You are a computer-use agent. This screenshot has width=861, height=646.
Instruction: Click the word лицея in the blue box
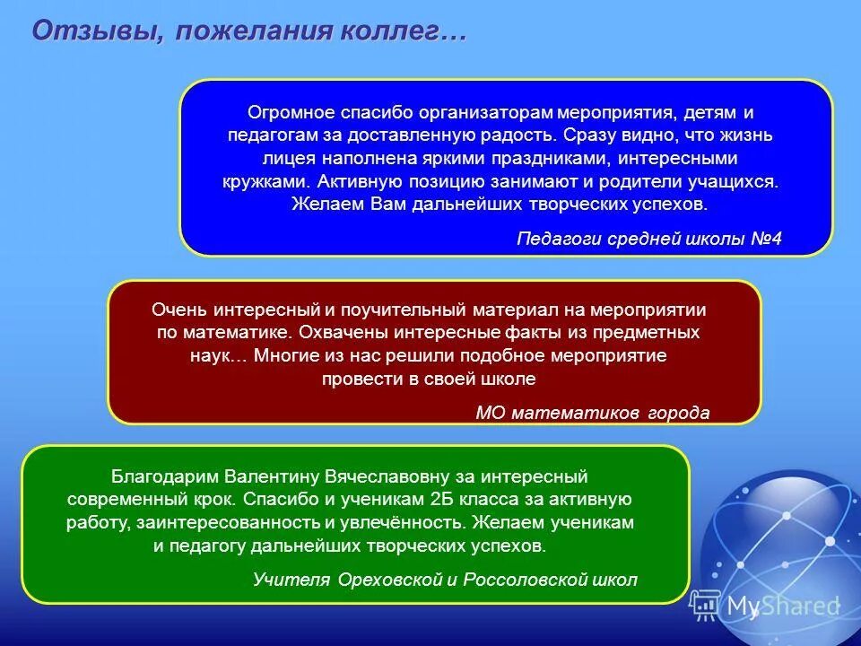(283, 159)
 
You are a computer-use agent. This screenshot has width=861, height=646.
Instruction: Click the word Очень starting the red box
(179, 310)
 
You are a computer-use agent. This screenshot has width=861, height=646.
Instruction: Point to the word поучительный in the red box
(401, 310)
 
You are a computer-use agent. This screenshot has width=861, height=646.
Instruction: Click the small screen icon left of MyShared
(705, 606)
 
